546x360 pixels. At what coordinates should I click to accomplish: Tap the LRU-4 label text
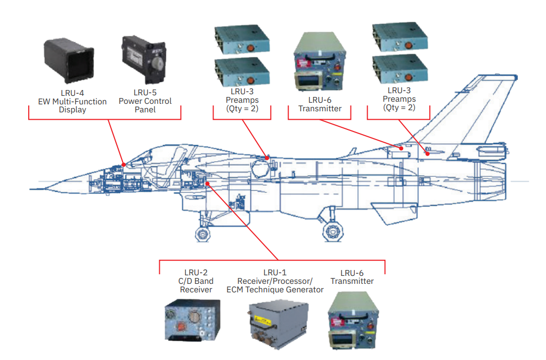72,93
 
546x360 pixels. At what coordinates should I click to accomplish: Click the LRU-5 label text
145,92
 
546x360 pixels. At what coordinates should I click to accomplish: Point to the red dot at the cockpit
123,164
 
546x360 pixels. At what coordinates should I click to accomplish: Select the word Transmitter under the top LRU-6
320,109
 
